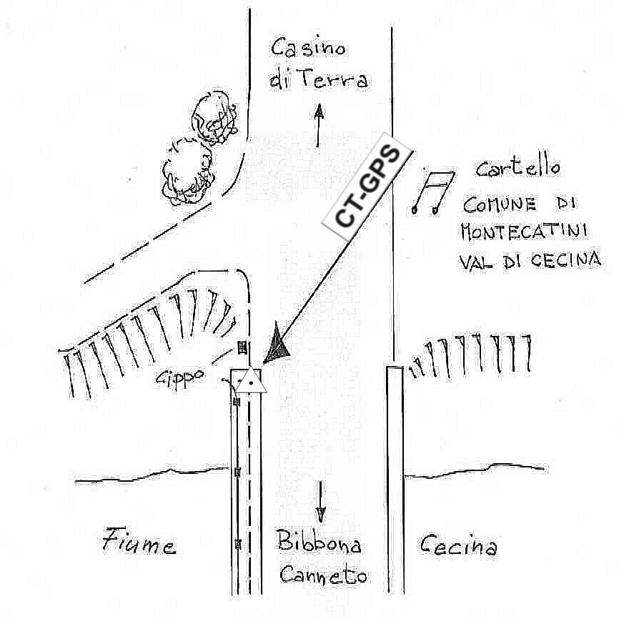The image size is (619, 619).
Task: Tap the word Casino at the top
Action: click(308, 49)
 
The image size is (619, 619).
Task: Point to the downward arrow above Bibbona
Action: click(321, 500)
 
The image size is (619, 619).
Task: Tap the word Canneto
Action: click(324, 574)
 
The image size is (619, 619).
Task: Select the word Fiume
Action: click(139, 544)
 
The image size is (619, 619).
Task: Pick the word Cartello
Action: click(518, 169)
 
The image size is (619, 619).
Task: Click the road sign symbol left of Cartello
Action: click(433, 192)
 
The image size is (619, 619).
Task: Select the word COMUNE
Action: click(500, 205)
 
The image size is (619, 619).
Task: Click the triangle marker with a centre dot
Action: click(251, 380)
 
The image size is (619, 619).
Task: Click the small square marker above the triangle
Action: click(242, 347)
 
